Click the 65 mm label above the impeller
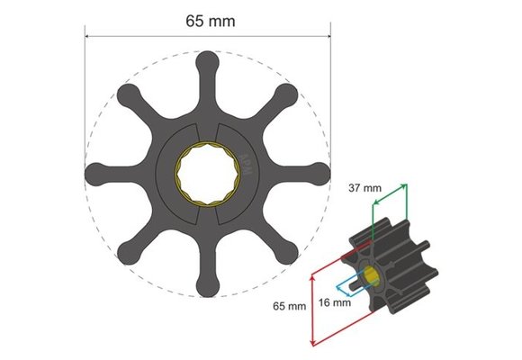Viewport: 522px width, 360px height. click(x=206, y=19)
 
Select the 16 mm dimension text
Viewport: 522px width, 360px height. click(x=334, y=303)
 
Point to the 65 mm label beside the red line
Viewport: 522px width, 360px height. click(x=290, y=307)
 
